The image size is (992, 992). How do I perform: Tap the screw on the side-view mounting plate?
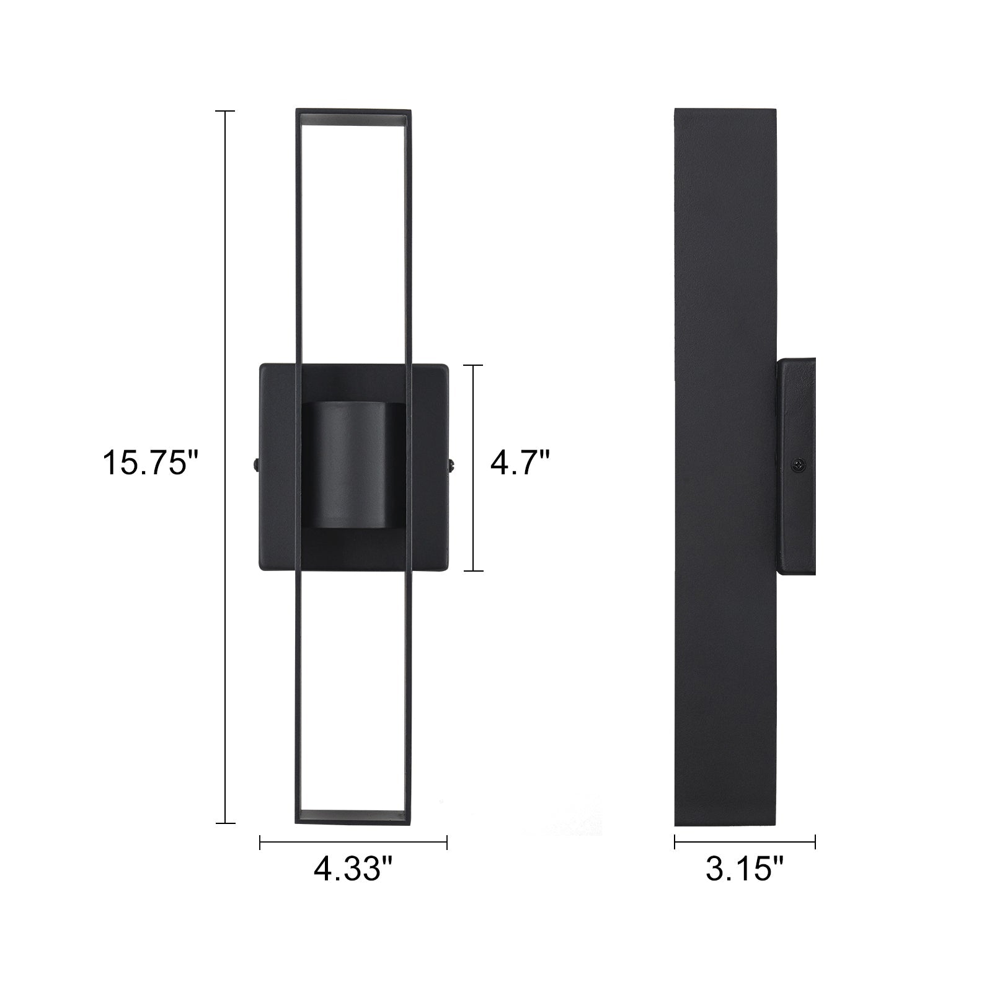click(800, 464)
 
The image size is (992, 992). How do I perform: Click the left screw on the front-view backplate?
click(255, 464)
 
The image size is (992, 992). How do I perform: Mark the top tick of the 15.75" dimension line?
click(224, 112)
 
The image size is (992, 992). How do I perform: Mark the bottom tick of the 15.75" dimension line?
click(224, 823)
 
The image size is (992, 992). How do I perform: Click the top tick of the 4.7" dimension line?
click(474, 366)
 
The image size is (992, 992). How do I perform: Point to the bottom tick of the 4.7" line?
click(474, 570)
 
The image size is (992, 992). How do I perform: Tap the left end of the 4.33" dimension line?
click(260, 842)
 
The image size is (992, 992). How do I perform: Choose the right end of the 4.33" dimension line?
click(446, 842)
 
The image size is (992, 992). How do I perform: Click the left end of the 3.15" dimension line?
click(675, 842)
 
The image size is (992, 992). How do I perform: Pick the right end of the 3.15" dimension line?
click(815, 842)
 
